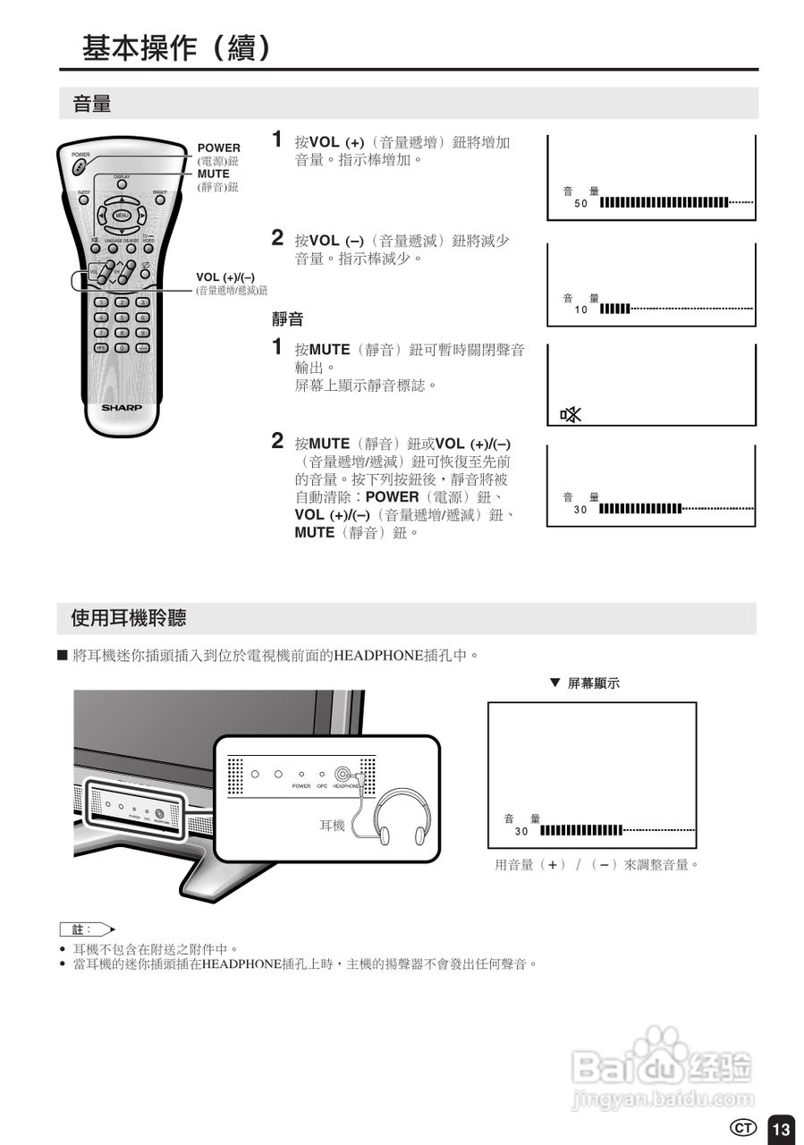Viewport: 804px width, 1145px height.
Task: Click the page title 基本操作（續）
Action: (x=176, y=47)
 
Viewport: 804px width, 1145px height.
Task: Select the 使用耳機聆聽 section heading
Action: (x=128, y=618)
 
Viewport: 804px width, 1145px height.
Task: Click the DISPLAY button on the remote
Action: (x=122, y=185)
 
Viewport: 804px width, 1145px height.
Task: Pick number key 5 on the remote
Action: (x=122, y=318)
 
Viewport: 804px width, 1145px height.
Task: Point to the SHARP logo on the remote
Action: (x=122, y=407)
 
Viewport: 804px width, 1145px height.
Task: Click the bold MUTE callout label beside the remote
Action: (x=213, y=174)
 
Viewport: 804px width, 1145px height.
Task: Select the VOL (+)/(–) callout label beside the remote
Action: (x=225, y=276)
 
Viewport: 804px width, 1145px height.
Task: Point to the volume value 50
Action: (x=580, y=203)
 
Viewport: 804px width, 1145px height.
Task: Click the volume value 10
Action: (x=580, y=310)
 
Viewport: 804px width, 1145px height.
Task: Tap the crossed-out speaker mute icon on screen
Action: (x=570, y=414)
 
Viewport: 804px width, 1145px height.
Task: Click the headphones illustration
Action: (x=402, y=817)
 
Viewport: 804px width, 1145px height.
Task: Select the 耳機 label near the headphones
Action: (x=332, y=826)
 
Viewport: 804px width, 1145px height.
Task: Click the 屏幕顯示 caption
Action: (x=593, y=683)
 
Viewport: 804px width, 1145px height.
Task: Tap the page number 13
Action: (x=781, y=1129)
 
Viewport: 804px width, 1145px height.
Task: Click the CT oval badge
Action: (x=743, y=1128)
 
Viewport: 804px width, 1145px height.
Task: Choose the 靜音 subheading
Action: (x=288, y=319)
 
